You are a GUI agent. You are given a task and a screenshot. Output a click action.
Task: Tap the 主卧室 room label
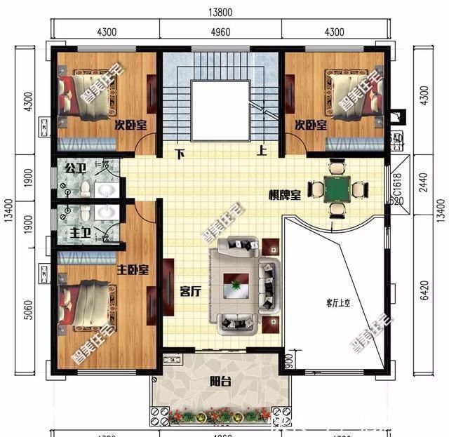click(133, 269)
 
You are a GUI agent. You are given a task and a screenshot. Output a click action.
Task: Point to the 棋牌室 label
click(283, 196)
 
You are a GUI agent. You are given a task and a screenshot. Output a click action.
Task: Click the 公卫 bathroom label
click(74, 168)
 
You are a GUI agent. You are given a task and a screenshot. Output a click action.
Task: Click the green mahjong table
click(337, 188)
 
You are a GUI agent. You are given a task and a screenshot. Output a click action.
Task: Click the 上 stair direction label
click(262, 150)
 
